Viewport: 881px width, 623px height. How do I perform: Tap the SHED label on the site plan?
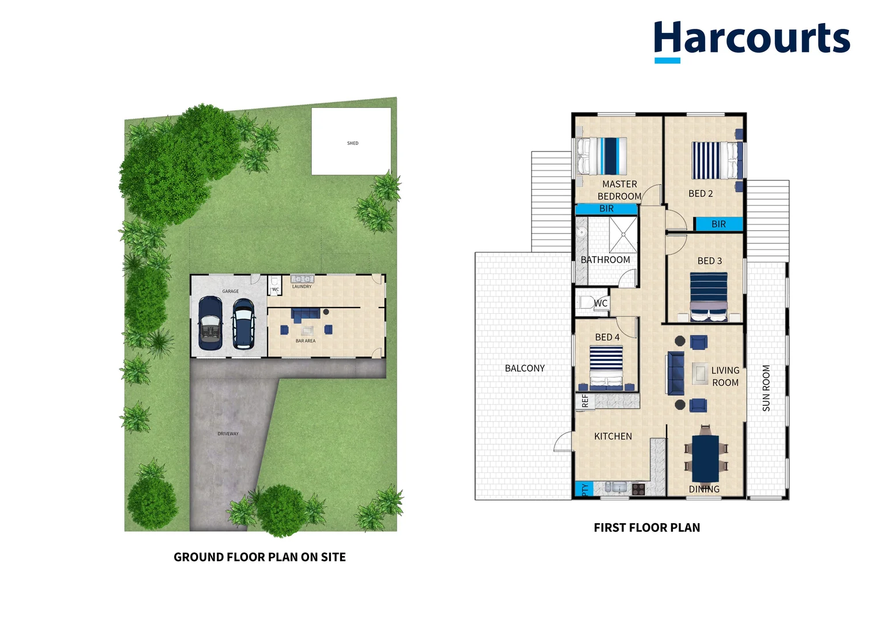[x=353, y=143]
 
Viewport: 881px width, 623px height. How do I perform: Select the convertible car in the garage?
[x=210, y=323]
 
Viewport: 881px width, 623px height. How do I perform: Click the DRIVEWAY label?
[x=228, y=434]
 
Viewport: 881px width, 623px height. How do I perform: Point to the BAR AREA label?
[x=306, y=341]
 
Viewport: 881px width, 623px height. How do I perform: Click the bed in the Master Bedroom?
[x=603, y=156]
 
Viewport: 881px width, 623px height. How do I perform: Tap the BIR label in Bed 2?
[x=718, y=224]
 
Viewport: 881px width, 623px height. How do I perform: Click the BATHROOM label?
[x=605, y=260]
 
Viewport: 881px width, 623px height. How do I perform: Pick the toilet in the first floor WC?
[x=587, y=303]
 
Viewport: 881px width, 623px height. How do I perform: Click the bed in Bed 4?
[x=606, y=367]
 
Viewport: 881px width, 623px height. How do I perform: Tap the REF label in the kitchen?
[x=585, y=401]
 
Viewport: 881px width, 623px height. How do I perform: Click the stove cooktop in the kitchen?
[x=638, y=489]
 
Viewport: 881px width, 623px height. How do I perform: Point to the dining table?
[x=705, y=458]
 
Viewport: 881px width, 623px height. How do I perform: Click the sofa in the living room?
[x=675, y=373]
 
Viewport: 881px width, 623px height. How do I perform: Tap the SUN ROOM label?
[x=766, y=388]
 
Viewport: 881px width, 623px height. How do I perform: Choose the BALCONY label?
[x=525, y=369]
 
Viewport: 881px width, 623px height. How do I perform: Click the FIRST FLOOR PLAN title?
[x=647, y=528]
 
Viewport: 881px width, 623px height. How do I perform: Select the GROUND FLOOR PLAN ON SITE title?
[x=259, y=557]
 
